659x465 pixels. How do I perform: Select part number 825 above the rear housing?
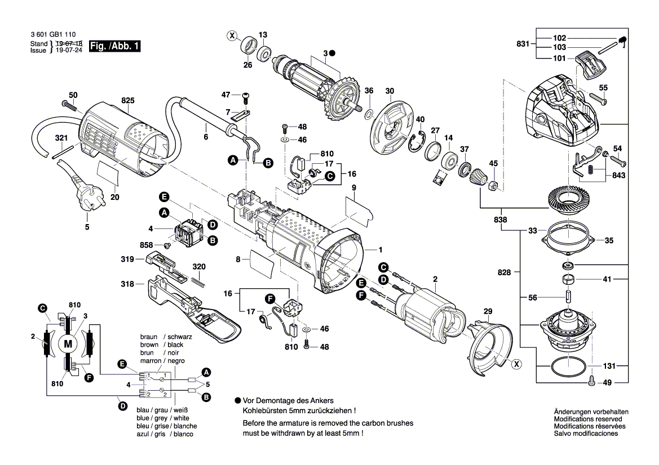coord(128,101)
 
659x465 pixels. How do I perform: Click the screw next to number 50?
coord(70,105)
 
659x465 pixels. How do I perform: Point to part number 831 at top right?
coord(523,44)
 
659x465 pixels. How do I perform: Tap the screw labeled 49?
coord(591,381)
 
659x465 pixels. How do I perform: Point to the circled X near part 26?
coord(232,36)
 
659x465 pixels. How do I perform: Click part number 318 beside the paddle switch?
coord(127,284)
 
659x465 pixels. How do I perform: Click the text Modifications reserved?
coord(588,419)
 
